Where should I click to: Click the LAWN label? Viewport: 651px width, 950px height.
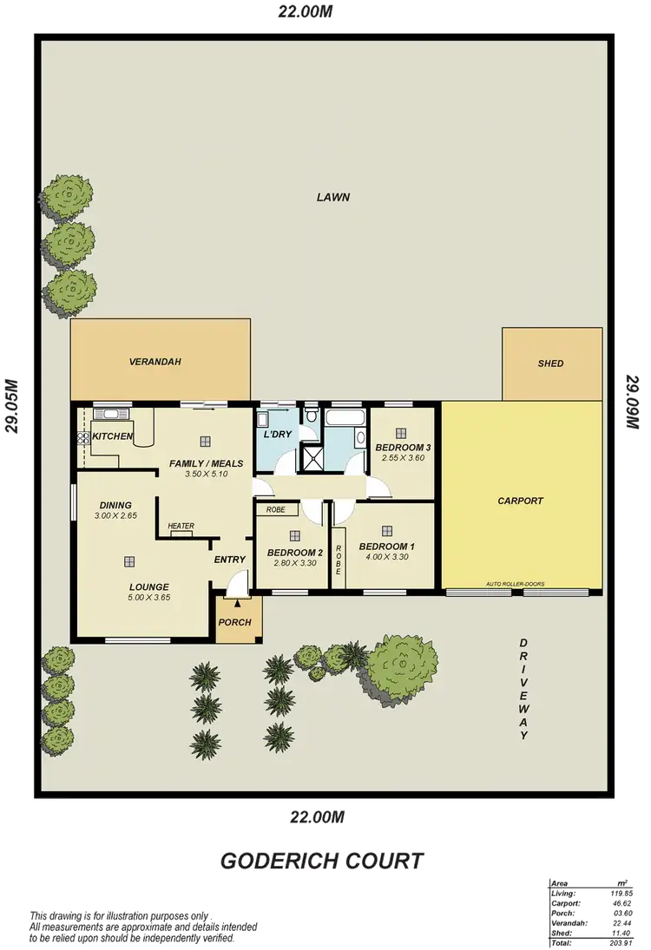pos(332,197)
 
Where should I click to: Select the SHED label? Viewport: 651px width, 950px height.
pos(551,364)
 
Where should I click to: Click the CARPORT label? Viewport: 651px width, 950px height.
pos(520,501)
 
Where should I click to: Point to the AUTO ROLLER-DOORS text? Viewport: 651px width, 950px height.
pos(516,584)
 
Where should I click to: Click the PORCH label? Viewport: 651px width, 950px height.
pos(235,622)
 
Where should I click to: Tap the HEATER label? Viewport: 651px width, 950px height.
pos(181,526)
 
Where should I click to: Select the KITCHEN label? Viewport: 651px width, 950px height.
pos(112,436)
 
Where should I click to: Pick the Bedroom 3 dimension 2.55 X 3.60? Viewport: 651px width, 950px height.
pos(402,460)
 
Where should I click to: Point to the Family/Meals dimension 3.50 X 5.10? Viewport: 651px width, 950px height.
pos(206,475)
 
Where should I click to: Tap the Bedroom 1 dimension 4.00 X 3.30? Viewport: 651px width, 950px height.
pos(386,558)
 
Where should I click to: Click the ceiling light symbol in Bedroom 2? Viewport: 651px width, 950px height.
pos(294,535)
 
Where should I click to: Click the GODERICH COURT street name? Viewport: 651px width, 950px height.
pos(321,862)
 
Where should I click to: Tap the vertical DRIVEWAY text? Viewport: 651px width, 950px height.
pos(523,690)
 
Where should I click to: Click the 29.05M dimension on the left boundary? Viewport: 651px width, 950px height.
pos(12,408)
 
